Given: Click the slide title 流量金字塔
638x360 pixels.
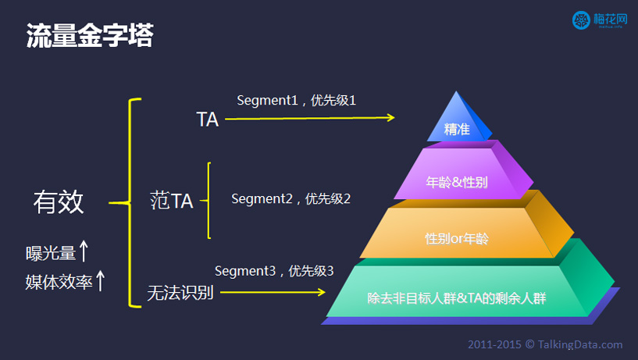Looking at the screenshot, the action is [90, 35].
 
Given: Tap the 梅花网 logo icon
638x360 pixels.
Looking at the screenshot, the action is [581, 20].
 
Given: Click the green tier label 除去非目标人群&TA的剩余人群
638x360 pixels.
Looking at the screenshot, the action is [457, 298].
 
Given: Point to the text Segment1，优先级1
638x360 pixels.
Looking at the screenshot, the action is [296, 101].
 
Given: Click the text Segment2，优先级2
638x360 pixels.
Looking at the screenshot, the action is [290, 199].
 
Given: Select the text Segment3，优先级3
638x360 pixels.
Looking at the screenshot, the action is [274, 271].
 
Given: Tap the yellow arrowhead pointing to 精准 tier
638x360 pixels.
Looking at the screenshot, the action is [390, 118].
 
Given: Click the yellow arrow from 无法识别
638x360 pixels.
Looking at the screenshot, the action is [273, 292].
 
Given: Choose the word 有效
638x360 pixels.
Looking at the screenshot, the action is [59, 201].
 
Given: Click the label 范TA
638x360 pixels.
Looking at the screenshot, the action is [171, 201].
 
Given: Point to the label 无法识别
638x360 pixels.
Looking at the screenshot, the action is [180, 293].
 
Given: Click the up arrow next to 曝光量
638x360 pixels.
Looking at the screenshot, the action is [84, 251].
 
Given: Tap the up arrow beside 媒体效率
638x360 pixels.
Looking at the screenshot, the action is [100, 280].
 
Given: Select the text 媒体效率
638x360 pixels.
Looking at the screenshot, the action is [59, 282].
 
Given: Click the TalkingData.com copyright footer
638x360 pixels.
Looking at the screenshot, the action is [545, 344].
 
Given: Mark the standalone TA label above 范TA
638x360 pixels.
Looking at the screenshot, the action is [208, 119].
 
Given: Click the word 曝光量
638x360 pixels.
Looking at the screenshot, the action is [51, 254].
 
